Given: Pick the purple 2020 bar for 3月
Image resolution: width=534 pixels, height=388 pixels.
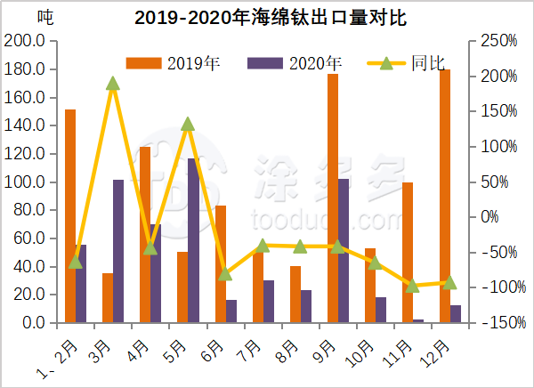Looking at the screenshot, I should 118,251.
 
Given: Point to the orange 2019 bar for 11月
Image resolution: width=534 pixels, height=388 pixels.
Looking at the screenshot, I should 408,253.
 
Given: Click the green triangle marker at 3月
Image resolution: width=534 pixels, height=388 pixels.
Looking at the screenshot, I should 113,84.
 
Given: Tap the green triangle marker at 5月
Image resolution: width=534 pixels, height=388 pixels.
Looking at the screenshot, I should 188,125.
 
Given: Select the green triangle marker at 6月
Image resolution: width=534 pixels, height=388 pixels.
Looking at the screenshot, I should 225,274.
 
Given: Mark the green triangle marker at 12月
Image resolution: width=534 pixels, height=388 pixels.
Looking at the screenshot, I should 449,282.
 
